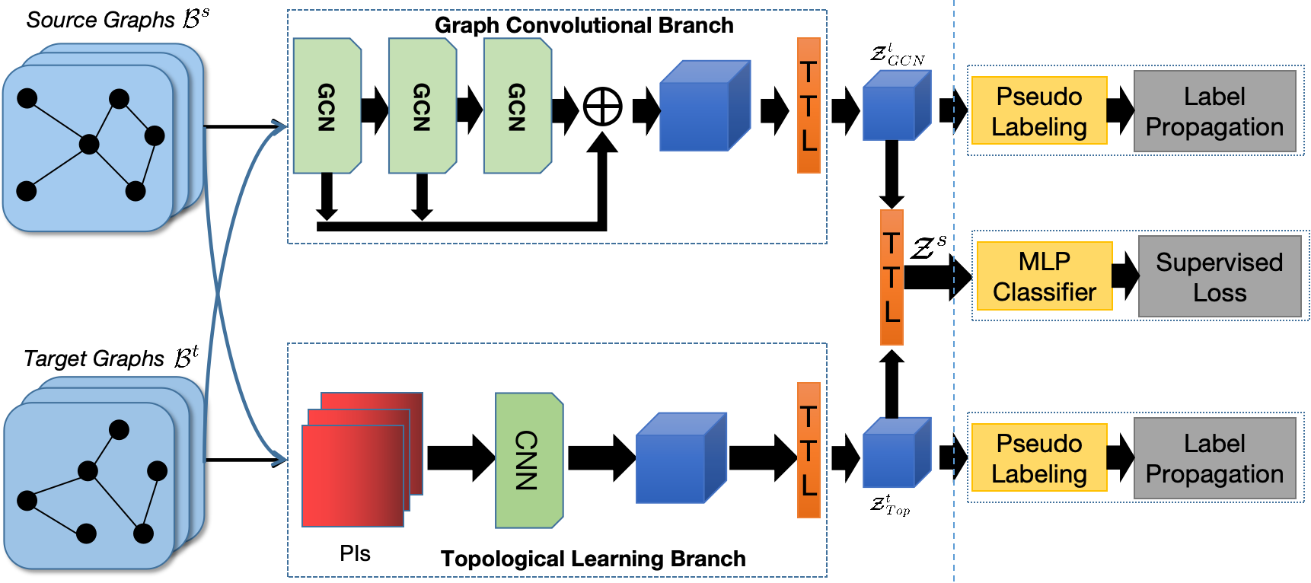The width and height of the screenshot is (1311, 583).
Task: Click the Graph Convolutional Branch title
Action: coord(584,25)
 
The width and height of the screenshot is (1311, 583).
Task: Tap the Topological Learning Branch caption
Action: coord(593,559)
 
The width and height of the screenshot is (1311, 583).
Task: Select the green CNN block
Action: coord(528,460)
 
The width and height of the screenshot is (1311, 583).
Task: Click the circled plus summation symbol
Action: coord(602,107)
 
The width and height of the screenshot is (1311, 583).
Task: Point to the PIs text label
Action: coord(355,553)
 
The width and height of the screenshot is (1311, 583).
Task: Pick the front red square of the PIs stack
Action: coord(352,476)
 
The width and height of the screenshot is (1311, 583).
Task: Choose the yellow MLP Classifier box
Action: coord(1044,276)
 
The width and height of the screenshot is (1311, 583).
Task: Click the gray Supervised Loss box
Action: coord(1219,277)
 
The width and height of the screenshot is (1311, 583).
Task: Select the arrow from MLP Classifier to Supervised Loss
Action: coord(1125,275)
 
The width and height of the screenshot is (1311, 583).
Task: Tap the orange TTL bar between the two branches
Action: coord(892,277)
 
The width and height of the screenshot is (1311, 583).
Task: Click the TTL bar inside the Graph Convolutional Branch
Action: coord(809,106)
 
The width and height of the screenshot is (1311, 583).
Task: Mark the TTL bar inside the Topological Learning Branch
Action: coord(809,451)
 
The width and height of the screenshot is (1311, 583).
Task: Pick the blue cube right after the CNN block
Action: coord(681,458)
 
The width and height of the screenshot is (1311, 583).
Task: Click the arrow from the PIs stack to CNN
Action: coord(460,457)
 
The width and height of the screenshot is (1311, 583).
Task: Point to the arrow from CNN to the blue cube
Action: coord(601,457)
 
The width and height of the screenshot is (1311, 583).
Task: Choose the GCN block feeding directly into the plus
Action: coord(517,106)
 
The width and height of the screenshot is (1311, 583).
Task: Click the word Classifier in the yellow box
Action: coord(1044,291)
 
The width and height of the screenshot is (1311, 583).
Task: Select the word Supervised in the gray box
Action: coord(1219,263)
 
